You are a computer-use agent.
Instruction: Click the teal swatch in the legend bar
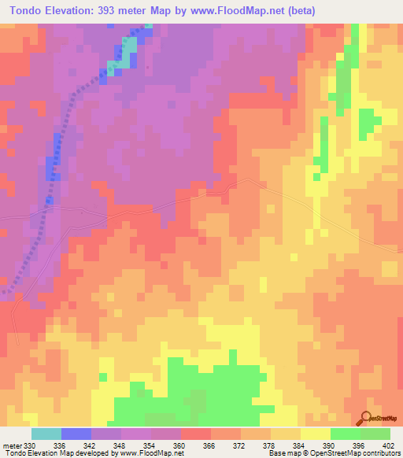point(46,434)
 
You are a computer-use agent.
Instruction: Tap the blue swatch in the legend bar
point(76,434)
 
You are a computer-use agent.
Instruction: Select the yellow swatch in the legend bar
point(315,434)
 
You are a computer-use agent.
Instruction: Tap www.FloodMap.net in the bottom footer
point(150,452)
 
